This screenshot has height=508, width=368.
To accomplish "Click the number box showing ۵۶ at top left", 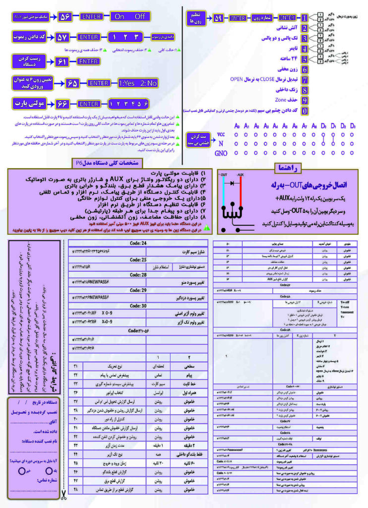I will (x=65, y=16).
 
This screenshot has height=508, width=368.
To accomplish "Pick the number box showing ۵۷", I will (x=65, y=37).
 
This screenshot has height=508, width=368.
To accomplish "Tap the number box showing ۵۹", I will (x=218, y=18).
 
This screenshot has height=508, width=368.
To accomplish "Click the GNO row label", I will (x=221, y=154).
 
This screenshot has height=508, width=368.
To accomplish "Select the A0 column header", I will (x=237, y=126).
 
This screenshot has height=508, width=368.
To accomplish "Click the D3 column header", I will (x=353, y=126).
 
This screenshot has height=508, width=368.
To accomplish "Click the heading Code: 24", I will (x=137, y=243).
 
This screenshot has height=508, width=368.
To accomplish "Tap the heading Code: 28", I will (x=137, y=274).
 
